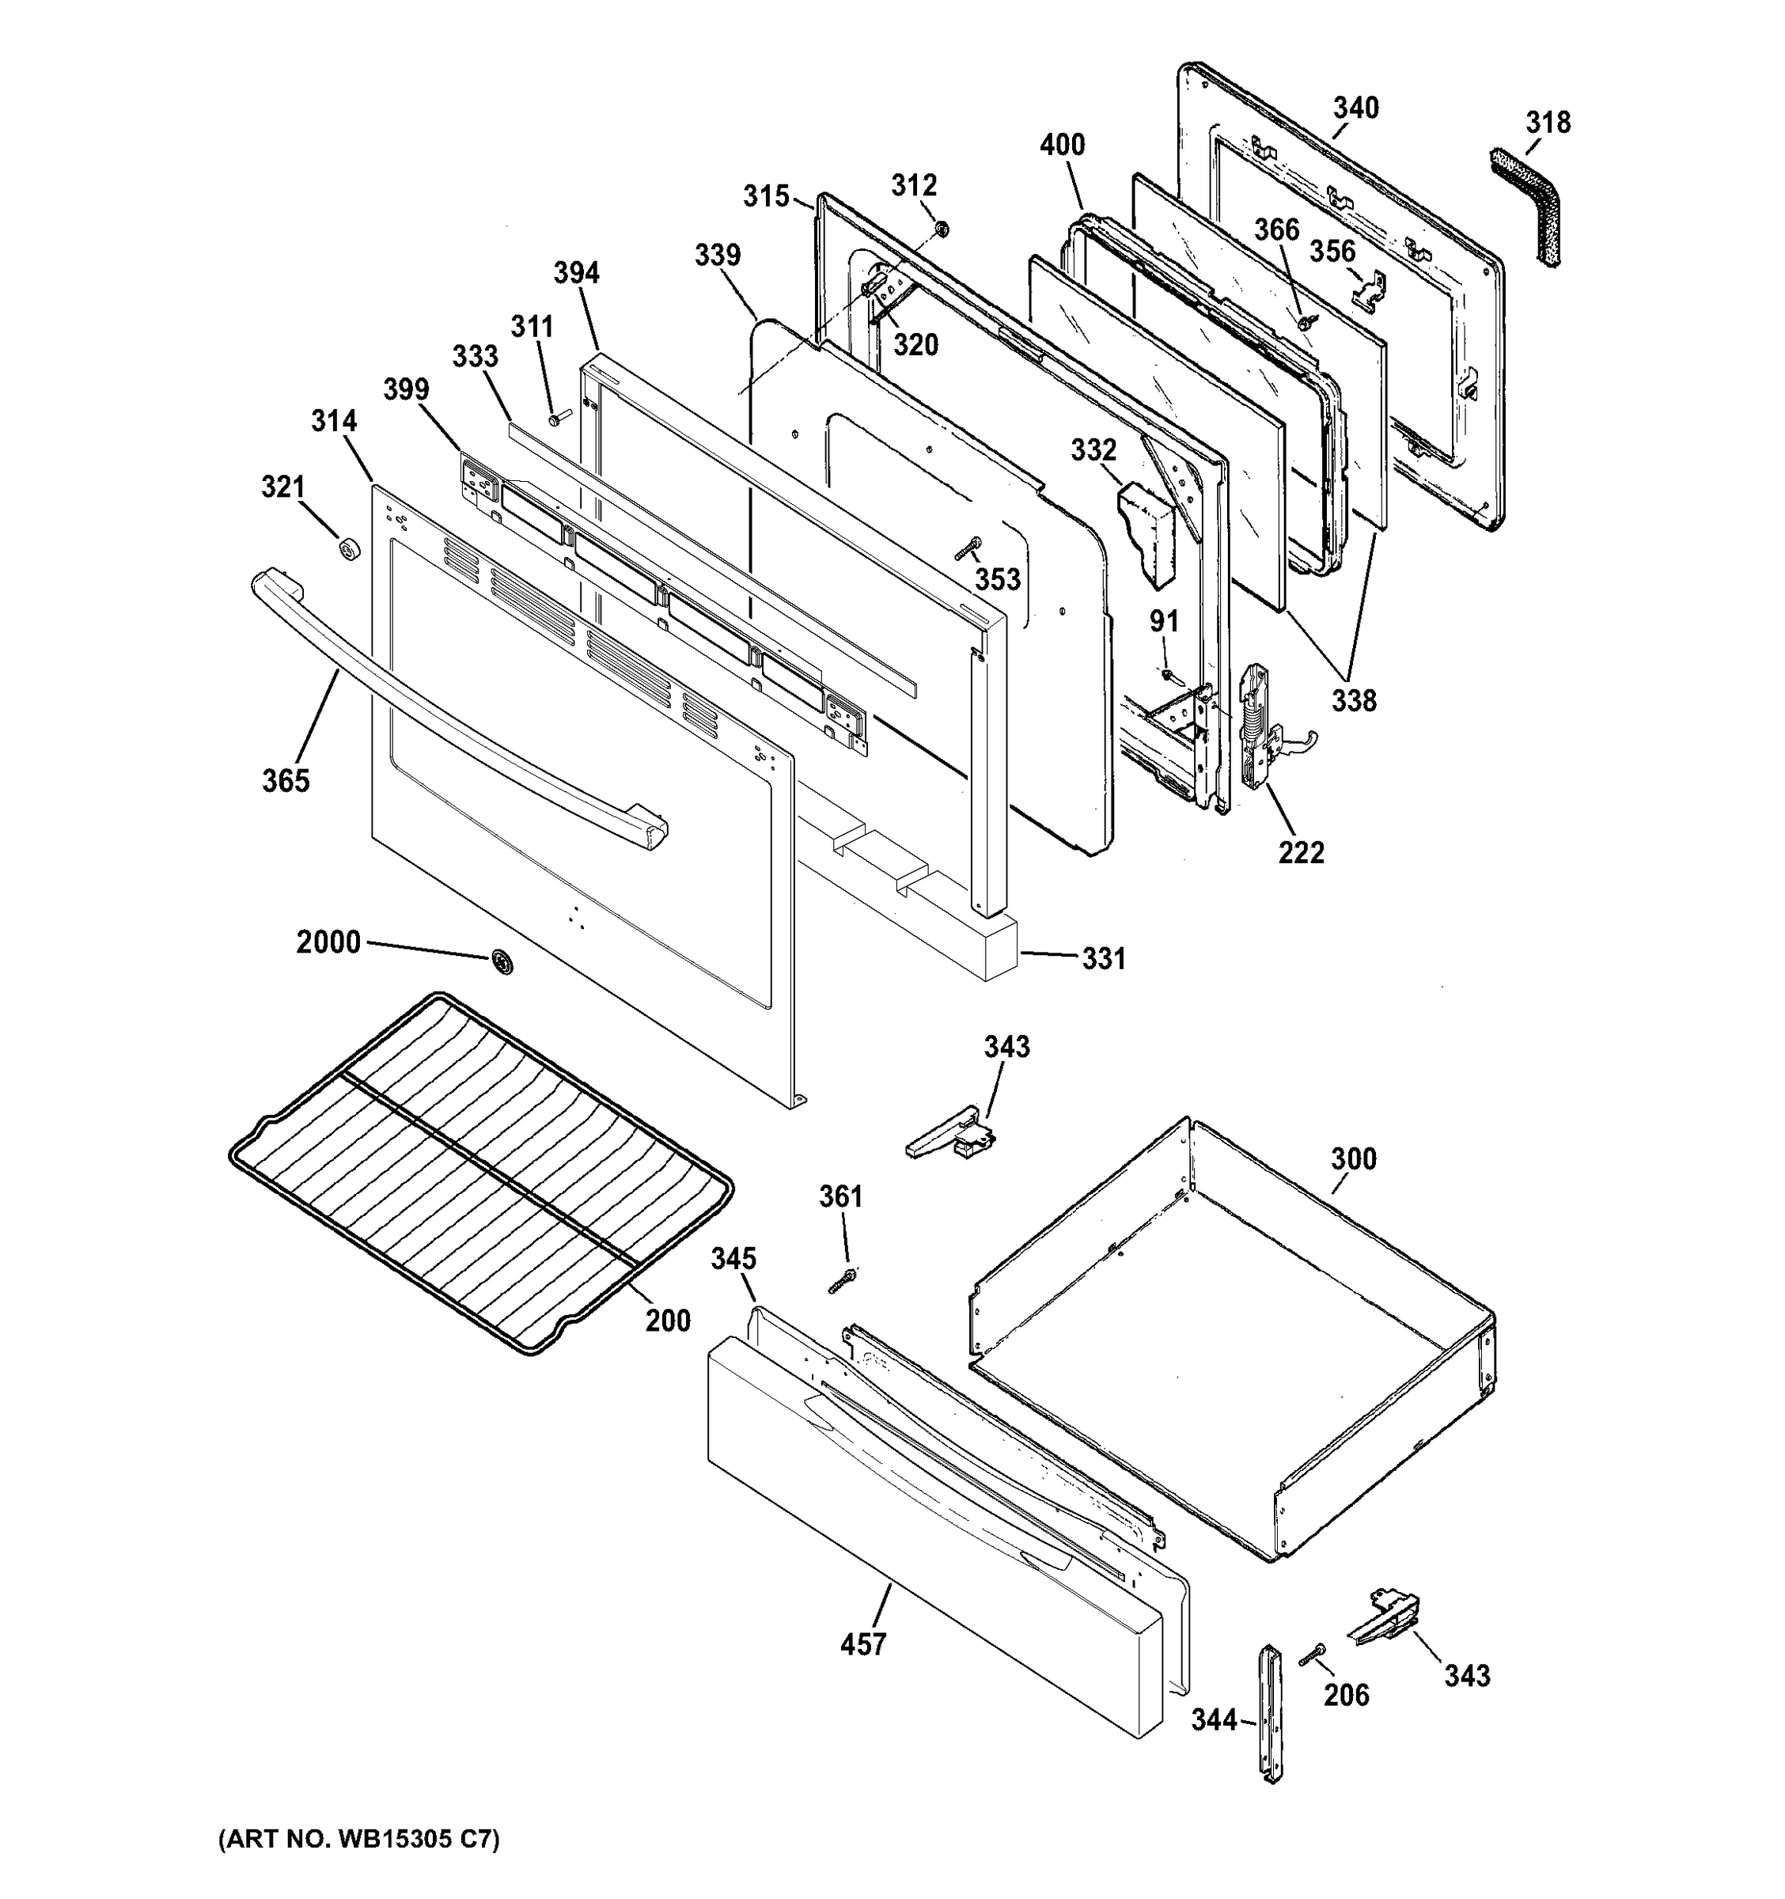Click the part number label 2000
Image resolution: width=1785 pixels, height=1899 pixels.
tap(328, 943)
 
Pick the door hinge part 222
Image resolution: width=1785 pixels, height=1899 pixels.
tap(1258, 728)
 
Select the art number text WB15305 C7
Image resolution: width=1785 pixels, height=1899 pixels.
tap(358, 1840)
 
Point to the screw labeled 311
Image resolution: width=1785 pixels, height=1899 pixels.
tap(557, 418)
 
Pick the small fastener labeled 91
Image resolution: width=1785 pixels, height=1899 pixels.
tap(1168, 674)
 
